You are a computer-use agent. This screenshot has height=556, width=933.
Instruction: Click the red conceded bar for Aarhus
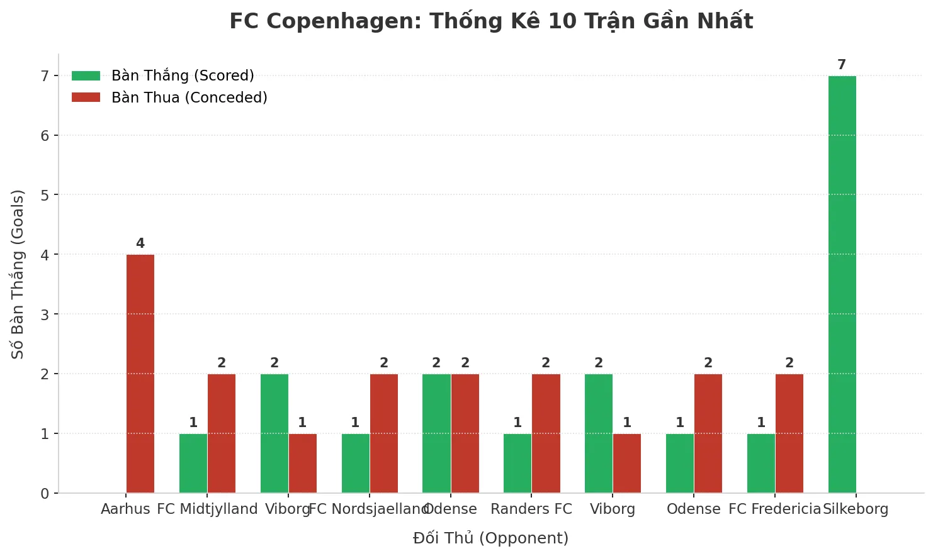click(140, 374)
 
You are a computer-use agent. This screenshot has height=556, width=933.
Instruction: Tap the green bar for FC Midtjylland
click(193, 463)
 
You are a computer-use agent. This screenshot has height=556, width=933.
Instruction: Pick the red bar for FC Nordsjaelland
click(384, 433)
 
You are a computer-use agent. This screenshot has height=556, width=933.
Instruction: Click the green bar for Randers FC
click(517, 463)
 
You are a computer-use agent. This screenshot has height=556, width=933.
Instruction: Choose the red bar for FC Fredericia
click(789, 433)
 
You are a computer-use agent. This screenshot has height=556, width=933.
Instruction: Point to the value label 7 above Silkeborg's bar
click(842, 65)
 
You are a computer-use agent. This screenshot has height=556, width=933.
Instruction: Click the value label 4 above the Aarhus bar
click(140, 243)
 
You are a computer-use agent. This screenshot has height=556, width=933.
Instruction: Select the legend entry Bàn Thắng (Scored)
click(183, 75)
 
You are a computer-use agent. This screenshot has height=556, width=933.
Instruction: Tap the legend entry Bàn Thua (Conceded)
click(189, 97)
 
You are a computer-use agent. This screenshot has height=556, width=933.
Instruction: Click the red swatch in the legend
click(86, 97)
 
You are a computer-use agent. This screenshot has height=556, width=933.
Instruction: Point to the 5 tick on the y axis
click(45, 195)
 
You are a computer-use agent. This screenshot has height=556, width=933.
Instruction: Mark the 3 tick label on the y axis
click(45, 314)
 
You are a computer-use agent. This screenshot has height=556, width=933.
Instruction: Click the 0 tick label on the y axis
click(45, 494)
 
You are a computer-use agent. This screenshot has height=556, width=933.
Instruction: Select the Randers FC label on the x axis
click(531, 509)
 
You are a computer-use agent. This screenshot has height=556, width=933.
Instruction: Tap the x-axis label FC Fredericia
click(775, 509)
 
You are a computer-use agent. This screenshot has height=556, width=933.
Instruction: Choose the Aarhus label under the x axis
click(125, 509)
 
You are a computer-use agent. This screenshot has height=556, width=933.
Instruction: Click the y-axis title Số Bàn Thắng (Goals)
click(18, 274)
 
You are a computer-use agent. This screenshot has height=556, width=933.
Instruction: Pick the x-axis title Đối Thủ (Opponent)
click(490, 538)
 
